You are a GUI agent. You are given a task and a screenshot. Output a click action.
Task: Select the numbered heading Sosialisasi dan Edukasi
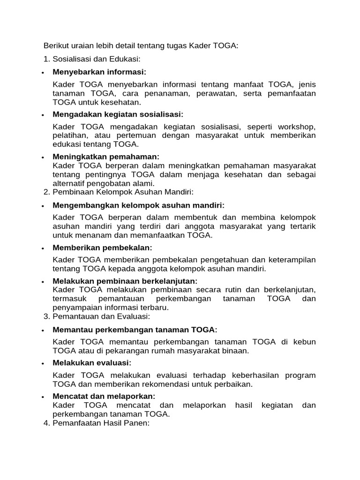[x=97, y=59]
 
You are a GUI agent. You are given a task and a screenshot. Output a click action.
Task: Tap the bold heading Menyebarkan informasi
[x=99, y=72]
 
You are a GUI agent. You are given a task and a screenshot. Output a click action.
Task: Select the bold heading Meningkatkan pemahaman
[x=106, y=157]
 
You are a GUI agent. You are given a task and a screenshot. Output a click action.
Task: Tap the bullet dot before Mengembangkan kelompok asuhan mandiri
[x=43, y=206]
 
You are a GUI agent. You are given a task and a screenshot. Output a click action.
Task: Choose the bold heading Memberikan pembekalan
[x=102, y=247]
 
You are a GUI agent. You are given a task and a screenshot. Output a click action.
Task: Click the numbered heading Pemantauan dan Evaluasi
[x=101, y=316]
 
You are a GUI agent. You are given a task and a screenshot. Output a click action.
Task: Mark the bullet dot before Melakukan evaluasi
[x=43, y=364]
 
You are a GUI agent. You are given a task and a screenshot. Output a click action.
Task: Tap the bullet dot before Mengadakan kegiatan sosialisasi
[x=43, y=115]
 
